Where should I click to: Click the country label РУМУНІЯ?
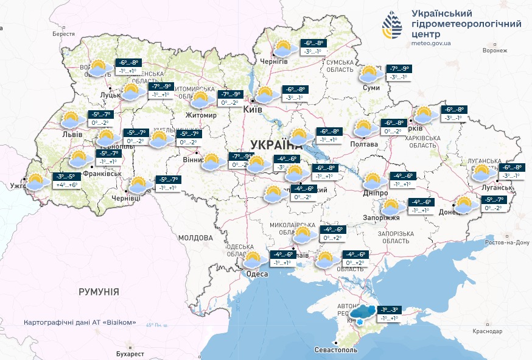click(x=99, y=292)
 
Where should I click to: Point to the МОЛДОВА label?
click(x=195, y=238)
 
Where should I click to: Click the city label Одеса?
click(x=256, y=275)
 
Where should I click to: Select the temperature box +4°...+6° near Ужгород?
click(x=67, y=185)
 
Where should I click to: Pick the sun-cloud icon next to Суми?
click(x=368, y=74)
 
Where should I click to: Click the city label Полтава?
click(x=365, y=144)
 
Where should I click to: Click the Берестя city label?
click(x=63, y=34)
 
